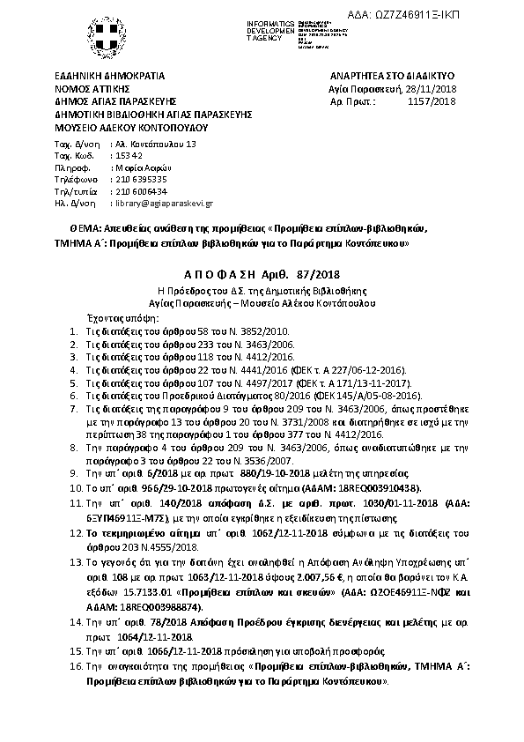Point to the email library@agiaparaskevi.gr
[x=165, y=203]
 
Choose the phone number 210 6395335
[x=141, y=178]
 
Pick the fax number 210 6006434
[x=141, y=190]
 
